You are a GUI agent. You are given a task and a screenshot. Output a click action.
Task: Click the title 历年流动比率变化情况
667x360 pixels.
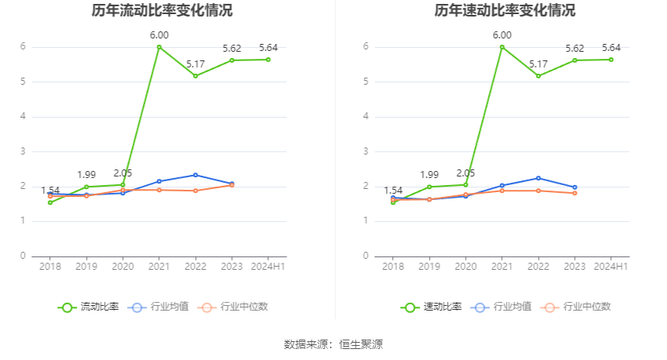pos(162,11)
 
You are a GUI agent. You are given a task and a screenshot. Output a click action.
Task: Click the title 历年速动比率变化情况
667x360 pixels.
pos(505,11)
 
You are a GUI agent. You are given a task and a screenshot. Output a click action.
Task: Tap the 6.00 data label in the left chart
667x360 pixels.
pos(159,35)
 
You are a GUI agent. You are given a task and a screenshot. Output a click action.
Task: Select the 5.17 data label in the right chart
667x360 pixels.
pos(538,64)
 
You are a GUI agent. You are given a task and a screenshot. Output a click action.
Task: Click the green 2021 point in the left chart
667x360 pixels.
pos(159,47)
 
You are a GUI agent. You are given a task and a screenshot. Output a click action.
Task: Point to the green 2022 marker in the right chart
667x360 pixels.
pos(538,76)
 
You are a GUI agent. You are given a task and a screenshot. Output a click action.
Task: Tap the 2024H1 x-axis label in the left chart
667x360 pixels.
pos(268,267)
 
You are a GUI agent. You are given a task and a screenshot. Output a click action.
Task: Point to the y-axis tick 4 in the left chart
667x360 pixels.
pos(24,116)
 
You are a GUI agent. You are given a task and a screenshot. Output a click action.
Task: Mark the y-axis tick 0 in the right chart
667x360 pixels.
pos(366,256)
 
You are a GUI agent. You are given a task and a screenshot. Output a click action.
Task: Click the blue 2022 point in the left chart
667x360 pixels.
pos(195,175)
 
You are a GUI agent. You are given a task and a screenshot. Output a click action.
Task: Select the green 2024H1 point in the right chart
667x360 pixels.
pos(611,60)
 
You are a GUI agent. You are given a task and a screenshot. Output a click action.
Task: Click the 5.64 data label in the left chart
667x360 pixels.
pos(268,48)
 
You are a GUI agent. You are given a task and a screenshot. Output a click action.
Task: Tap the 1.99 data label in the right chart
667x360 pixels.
pos(429,174)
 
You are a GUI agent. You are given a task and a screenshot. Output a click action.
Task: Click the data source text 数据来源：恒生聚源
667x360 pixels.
pos(333,344)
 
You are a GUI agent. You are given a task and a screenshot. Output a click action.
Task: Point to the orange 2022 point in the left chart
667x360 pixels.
pos(195,191)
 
